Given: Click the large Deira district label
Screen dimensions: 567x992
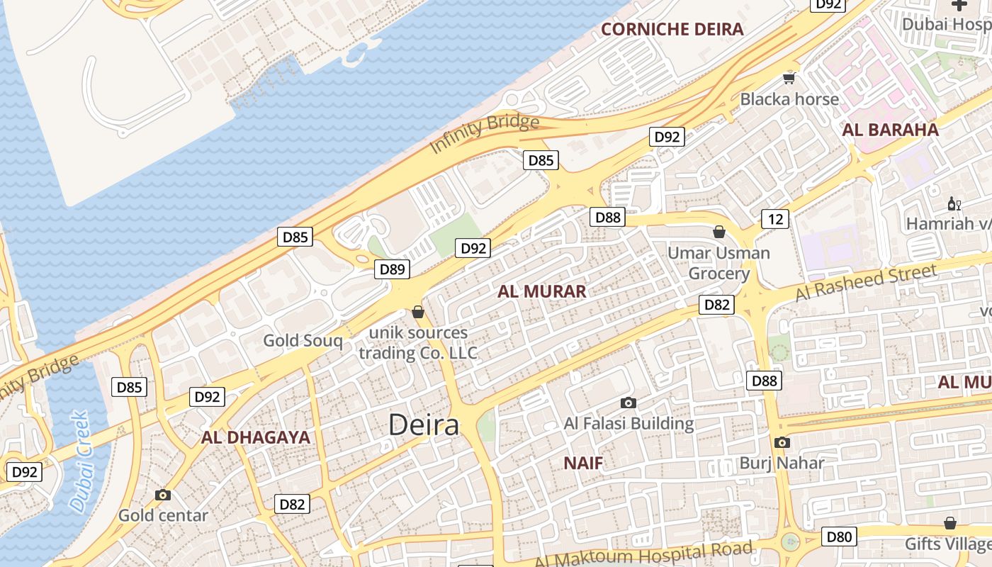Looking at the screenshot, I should coord(424,425).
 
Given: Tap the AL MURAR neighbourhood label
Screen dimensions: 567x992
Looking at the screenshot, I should coord(541,291).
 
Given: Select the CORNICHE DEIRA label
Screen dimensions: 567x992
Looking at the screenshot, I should coord(672,29).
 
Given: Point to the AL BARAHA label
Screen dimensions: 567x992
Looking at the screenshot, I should coord(890,130).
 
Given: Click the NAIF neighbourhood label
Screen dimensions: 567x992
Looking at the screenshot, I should coord(583,464).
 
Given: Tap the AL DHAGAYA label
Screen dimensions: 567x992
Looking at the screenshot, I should coord(256,437).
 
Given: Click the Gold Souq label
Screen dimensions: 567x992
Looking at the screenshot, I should coord(303,341).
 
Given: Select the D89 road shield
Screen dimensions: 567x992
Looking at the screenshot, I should coord(392,269).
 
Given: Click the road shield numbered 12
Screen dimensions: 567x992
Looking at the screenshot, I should coord(775,219).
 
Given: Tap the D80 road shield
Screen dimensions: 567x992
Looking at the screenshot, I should coord(838,537).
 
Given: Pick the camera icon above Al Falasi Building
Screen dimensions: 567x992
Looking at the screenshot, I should coord(628,403).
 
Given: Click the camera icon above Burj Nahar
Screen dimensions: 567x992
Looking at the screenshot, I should coord(782,443).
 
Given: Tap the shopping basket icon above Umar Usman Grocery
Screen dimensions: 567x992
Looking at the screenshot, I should coord(718,232).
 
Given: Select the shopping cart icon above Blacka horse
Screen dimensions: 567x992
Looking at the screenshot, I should coord(789,77).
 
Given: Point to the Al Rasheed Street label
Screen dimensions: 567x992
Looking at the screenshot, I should coord(866,281).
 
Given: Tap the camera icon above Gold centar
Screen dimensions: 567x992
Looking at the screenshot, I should coord(163,495).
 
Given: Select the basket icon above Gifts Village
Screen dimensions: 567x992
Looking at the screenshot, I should coord(949,523).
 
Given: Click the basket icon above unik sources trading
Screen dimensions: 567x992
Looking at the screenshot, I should coord(418,312).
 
